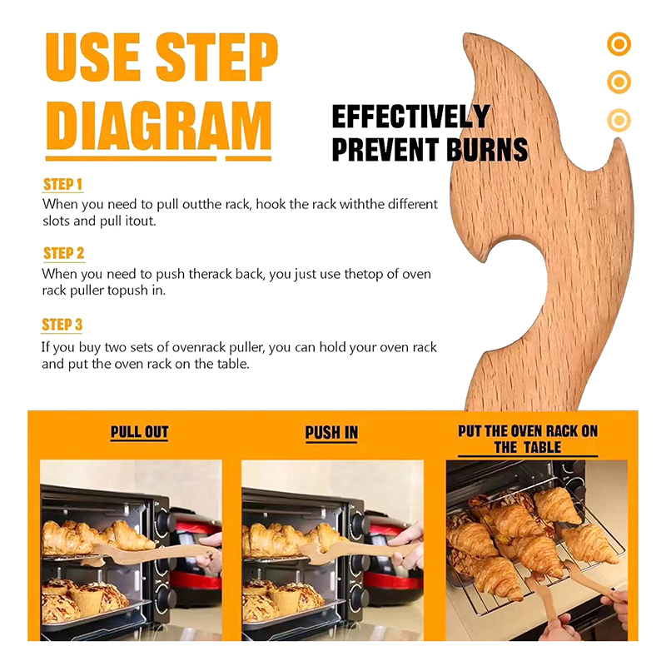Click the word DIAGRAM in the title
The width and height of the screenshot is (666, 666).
coord(158,126)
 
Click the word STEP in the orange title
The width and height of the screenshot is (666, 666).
coord(216,57)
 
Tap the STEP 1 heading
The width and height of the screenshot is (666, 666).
coord(62,184)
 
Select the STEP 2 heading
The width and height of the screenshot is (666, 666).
coord(64,253)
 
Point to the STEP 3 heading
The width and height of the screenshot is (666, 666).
coord(62,325)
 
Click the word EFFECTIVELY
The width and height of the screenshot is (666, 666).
coord(410,117)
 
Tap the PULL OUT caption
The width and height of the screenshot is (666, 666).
coord(139,432)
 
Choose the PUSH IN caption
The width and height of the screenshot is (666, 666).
coord(331,433)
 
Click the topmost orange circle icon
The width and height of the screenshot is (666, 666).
coord(619,44)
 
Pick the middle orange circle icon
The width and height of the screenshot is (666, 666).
coord(619,82)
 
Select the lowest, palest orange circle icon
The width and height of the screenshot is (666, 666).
coord(619,120)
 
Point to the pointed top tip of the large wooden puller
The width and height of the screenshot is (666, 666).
coord(465,34)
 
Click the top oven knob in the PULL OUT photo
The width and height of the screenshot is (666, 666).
coord(163,519)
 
